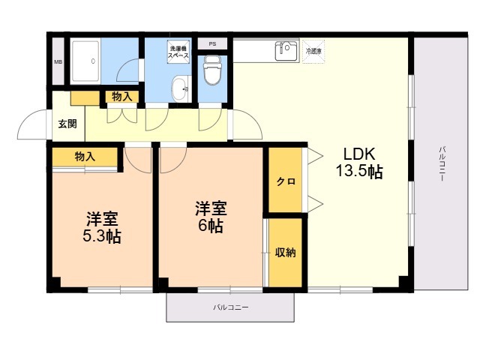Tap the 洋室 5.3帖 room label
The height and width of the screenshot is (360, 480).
(x=102, y=228)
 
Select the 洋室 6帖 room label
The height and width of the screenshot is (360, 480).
(x=209, y=217)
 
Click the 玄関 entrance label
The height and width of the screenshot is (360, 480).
(x=66, y=124)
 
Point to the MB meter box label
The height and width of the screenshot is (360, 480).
(x=58, y=61)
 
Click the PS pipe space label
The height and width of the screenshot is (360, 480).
(x=213, y=43)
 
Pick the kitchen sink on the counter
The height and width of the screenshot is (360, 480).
(x=286, y=50)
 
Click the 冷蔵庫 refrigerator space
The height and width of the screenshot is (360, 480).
(x=313, y=52)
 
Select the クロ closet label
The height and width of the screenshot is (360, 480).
(x=285, y=181)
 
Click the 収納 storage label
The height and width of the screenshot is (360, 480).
(x=285, y=252)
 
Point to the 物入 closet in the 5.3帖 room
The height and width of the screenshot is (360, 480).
(x=85, y=156)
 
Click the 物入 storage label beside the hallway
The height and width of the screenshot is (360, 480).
(x=122, y=97)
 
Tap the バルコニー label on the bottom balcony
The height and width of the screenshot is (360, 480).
(x=230, y=308)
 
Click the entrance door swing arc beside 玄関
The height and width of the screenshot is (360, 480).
(x=31, y=124)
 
